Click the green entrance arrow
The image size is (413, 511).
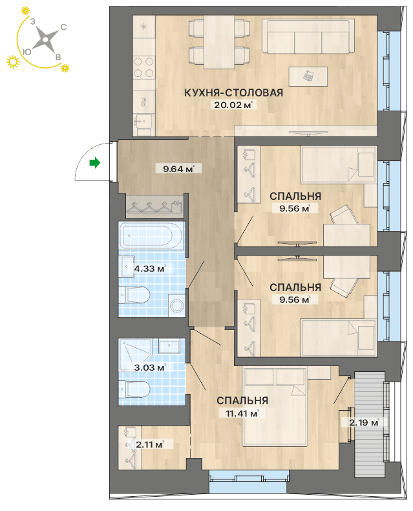[x=95, y=162]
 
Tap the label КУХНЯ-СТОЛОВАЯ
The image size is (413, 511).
[x=233, y=92]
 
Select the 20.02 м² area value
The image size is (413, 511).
[x=233, y=105]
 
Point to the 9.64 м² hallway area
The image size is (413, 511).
[x=178, y=169]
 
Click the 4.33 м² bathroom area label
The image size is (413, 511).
[x=150, y=269]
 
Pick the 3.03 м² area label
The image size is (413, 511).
[x=150, y=367]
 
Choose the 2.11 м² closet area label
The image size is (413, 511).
[x=150, y=444]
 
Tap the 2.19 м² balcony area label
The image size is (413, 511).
[x=364, y=422]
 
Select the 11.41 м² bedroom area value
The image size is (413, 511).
[x=242, y=413]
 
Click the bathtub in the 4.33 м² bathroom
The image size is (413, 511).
[x=151, y=236]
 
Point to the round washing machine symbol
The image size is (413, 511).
[x=177, y=305]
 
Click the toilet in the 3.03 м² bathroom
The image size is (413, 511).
[x=134, y=389]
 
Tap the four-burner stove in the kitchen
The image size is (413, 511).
[x=143, y=67]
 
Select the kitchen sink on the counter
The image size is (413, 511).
[x=143, y=121]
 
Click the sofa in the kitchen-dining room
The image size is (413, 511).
[x=308, y=36]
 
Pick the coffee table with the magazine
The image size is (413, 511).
[x=308, y=76]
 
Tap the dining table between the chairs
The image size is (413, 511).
[x=219, y=42]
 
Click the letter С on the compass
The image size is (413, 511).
[x=63, y=27]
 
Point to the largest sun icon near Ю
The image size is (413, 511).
[x=13, y=61]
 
